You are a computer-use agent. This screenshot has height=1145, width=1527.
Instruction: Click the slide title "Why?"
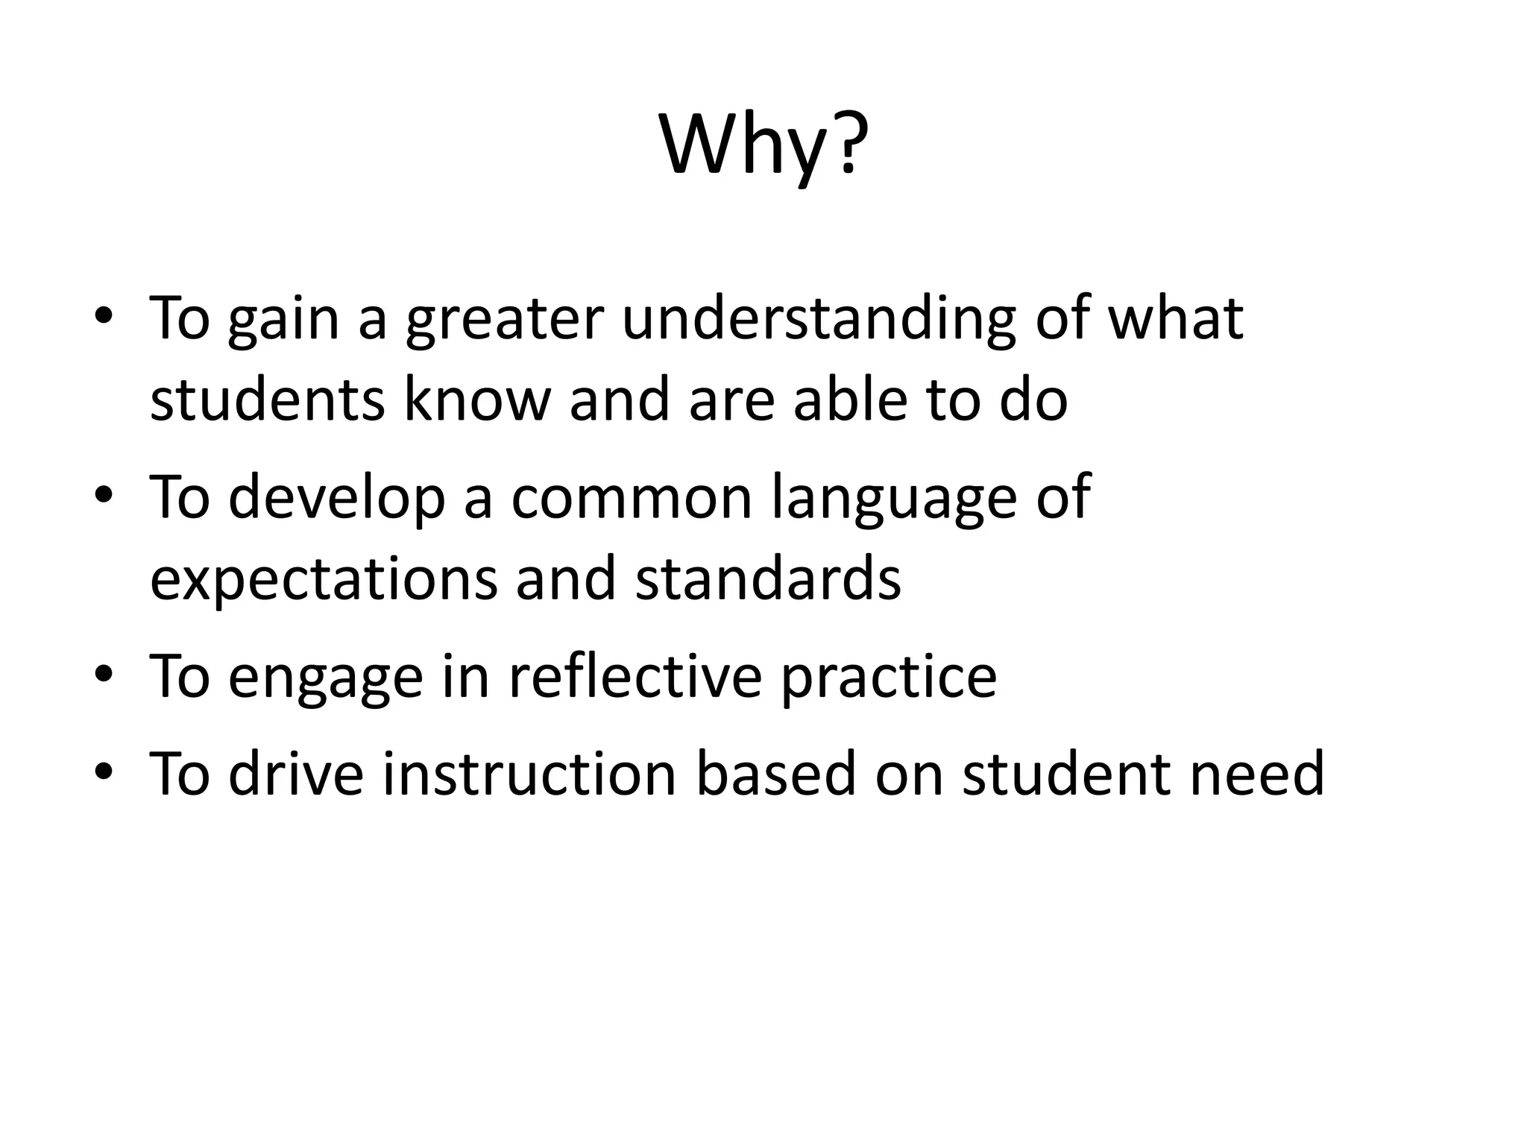coord(763,145)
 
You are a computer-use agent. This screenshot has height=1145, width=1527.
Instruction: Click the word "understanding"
coord(819,319)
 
